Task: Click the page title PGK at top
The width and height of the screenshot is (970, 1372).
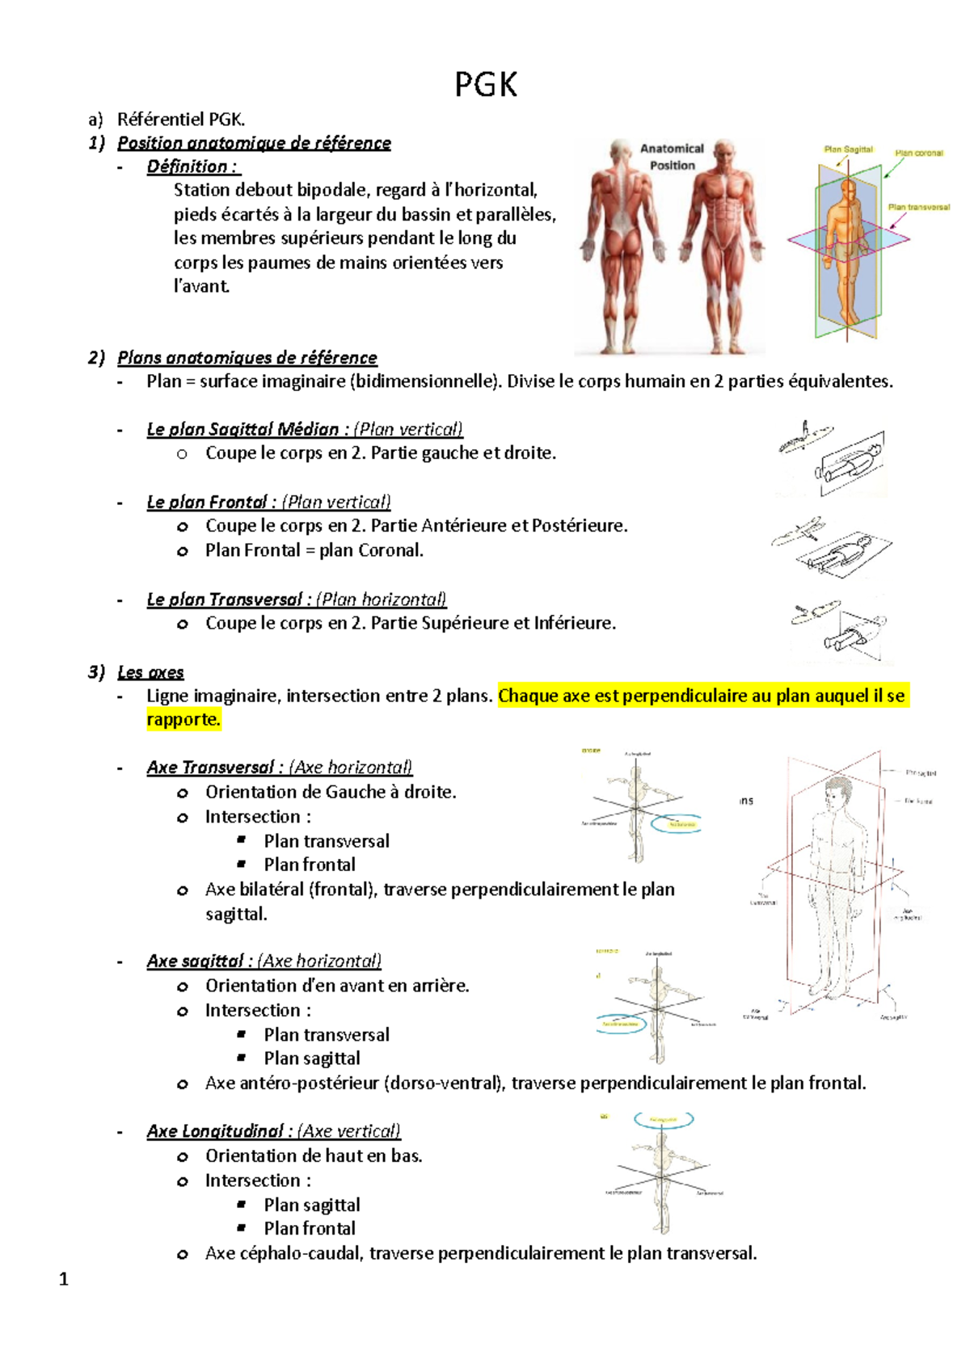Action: (485, 85)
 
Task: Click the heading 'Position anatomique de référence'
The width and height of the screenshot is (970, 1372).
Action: (254, 143)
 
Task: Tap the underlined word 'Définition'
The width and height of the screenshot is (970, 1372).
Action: (188, 166)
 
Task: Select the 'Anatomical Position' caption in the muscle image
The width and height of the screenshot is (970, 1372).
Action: (672, 157)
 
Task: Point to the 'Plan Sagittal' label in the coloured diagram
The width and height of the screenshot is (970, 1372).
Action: (848, 149)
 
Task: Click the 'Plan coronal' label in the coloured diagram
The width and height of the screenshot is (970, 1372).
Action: (918, 153)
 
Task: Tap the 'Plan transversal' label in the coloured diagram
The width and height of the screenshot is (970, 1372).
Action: (918, 207)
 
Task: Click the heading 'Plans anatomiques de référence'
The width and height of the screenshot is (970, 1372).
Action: (247, 357)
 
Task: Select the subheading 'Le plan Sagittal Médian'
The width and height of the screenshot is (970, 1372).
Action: (242, 429)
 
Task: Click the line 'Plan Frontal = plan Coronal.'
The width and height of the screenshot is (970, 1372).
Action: (314, 550)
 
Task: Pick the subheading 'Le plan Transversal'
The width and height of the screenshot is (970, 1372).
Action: (225, 600)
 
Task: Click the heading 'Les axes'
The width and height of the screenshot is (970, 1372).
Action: (150, 672)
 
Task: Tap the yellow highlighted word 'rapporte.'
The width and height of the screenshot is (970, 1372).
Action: (183, 719)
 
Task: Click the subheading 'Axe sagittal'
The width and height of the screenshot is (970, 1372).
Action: (195, 961)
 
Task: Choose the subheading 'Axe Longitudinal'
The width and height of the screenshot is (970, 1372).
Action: (214, 1131)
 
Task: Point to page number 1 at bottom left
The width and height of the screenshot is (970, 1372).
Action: (64, 1279)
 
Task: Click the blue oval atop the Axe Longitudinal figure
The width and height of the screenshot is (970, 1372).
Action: (664, 1120)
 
